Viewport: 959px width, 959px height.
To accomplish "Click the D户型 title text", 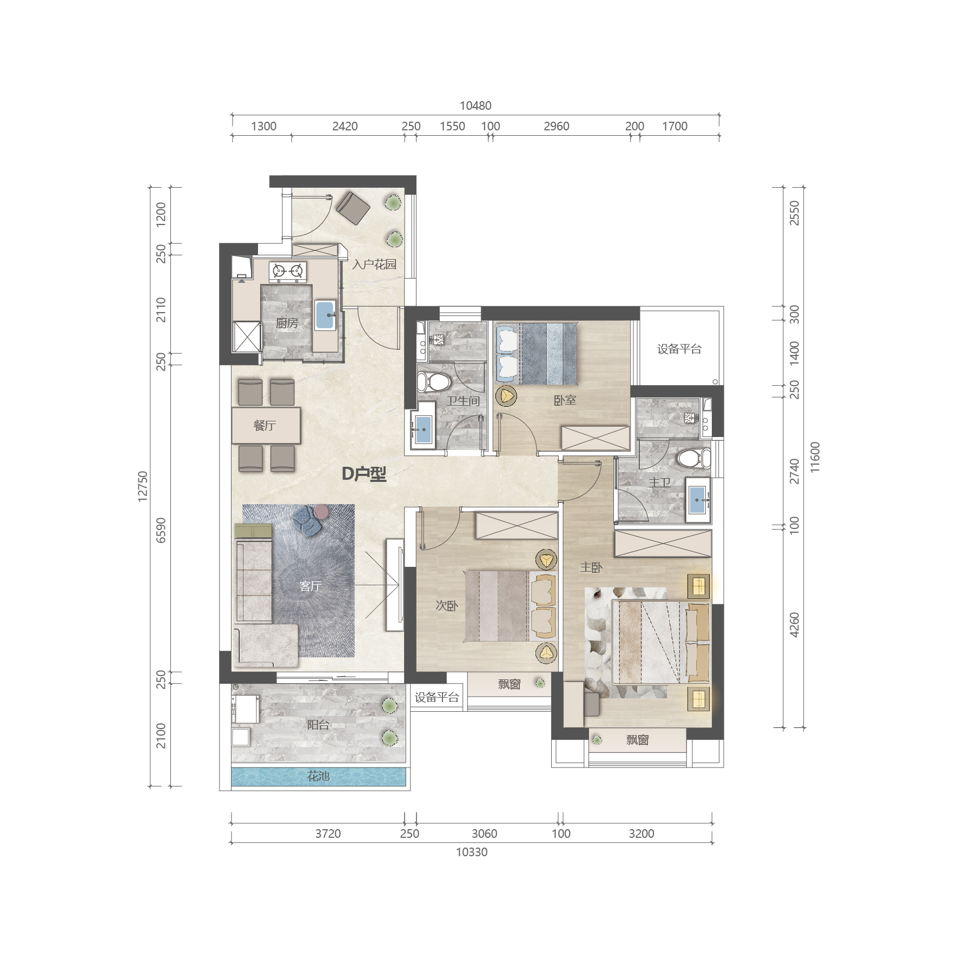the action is (364, 474).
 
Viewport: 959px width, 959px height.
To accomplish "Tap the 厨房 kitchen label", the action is (287, 323).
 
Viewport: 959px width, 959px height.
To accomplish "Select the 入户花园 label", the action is (374, 264).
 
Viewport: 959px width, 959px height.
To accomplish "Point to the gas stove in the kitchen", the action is (288, 272).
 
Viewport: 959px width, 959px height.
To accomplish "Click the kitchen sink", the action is (325, 315).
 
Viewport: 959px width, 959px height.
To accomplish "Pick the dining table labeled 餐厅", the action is (266, 425).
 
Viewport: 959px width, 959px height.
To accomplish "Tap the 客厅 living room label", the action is (310, 586).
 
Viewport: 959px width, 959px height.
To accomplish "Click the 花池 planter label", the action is (318, 776).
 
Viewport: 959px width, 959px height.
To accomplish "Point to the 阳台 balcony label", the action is (318, 725).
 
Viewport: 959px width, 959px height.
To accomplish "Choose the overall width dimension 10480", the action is (475, 105).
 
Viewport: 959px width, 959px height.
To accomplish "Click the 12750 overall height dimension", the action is (142, 486).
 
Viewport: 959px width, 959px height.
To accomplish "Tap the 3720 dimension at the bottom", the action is (328, 834).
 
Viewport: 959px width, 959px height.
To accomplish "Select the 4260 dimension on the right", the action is (794, 625).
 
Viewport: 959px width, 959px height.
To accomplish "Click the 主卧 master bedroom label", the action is (591, 567).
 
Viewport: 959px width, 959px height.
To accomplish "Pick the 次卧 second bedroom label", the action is (447, 606).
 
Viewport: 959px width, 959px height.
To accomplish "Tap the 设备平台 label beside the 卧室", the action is (679, 349).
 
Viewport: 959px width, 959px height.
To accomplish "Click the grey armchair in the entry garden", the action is (353, 208).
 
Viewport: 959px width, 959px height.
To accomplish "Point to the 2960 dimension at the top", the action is (556, 126).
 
